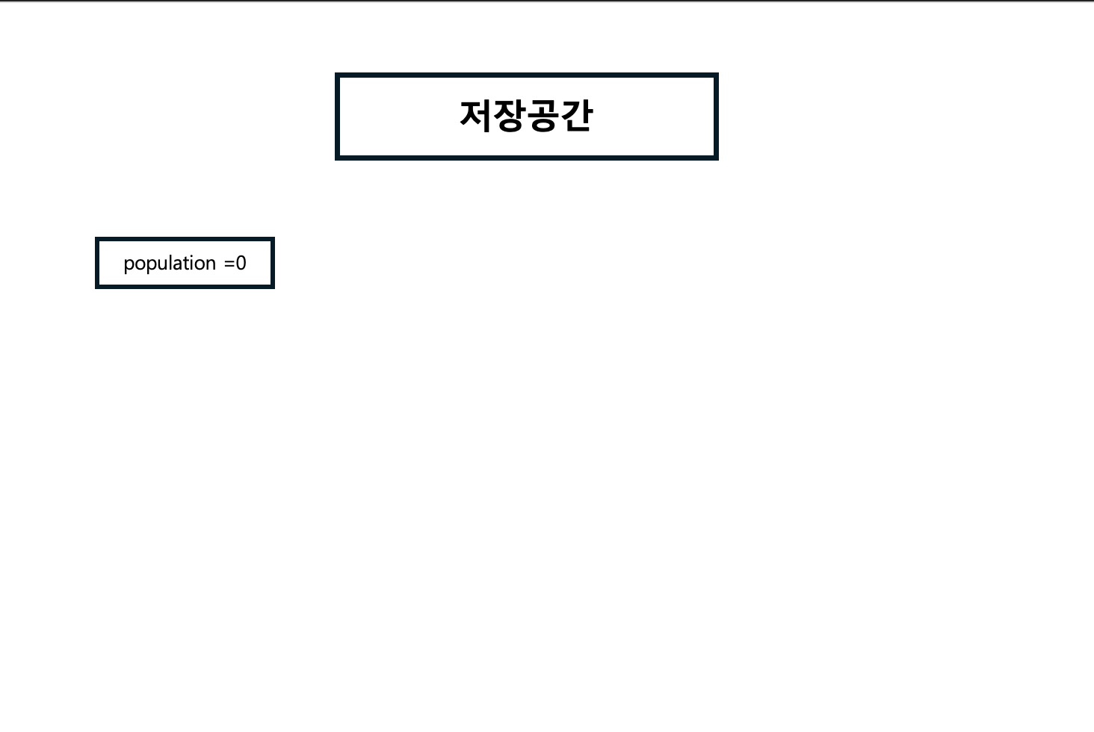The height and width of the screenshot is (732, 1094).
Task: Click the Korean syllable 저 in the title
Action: (476, 116)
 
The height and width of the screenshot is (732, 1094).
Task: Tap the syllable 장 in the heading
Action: (510, 116)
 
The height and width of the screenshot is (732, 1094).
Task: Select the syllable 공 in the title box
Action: (543, 116)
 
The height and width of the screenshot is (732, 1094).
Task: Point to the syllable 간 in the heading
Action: (576, 116)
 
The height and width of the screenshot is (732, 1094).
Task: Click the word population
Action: (170, 264)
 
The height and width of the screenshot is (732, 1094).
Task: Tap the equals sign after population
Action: (229, 264)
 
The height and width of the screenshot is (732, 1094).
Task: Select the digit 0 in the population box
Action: (241, 264)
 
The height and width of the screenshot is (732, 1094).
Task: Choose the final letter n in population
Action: (211, 264)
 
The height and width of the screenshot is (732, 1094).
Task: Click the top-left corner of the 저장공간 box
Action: (337, 75)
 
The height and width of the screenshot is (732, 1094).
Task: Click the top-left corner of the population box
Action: (97, 239)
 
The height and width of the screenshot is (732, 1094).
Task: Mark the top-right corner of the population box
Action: (273, 239)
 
